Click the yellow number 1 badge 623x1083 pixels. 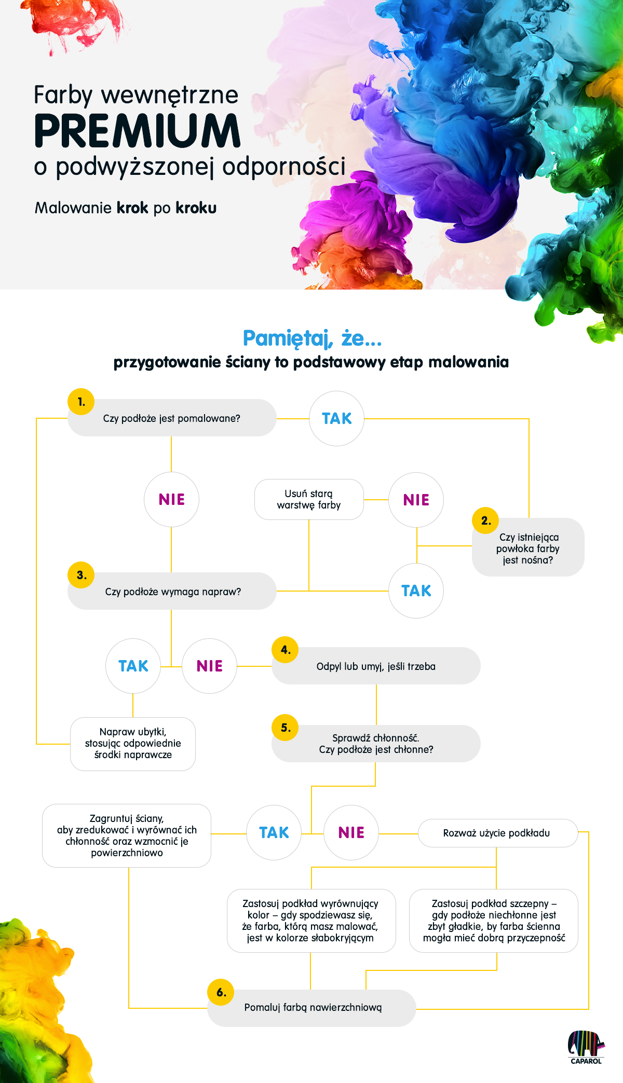(81, 402)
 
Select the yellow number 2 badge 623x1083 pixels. (485, 520)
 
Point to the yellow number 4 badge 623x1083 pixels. (285, 650)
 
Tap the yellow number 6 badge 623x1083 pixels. (221, 992)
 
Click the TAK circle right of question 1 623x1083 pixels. (336, 418)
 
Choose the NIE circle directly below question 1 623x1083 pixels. (171, 499)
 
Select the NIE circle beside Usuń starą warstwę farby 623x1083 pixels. (416, 500)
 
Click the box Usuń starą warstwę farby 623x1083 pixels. (309, 499)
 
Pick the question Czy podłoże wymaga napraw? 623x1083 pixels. (172, 591)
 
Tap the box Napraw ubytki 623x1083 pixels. (133, 744)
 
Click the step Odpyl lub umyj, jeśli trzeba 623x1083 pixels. (376, 666)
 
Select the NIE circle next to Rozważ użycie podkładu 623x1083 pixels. (351, 832)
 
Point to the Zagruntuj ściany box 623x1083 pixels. (127, 835)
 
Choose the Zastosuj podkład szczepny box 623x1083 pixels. (494, 921)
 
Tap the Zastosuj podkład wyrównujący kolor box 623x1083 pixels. (311, 921)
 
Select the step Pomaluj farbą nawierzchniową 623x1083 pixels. (311, 1008)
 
